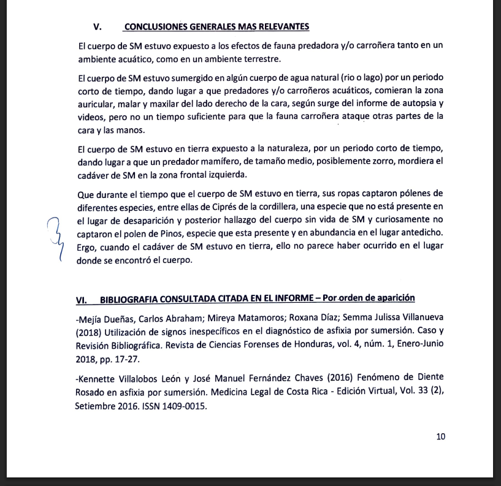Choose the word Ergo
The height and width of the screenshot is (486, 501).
(x=89, y=246)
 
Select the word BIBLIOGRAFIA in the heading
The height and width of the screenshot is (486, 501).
(x=128, y=298)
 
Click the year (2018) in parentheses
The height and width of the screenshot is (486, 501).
(x=90, y=333)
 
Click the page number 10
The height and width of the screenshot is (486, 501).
(x=440, y=437)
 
